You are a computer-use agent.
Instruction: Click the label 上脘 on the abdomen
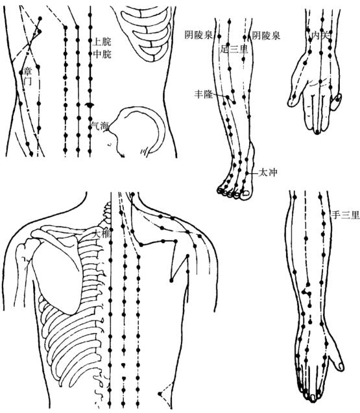click(102, 41)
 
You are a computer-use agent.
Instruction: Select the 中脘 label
click(102, 54)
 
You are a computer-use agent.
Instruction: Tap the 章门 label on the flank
click(28, 76)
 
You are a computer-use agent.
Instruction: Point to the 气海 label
click(100, 126)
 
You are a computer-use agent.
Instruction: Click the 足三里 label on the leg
click(234, 49)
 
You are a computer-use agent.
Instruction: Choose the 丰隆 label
click(204, 94)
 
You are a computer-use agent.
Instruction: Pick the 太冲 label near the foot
click(268, 172)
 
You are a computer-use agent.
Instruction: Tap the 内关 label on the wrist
click(320, 35)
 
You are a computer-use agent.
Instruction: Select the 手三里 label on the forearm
click(345, 215)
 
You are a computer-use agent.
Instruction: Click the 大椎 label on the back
click(101, 233)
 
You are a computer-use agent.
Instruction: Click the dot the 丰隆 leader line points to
click(227, 97)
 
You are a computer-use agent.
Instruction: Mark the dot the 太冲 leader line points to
click(247, 173)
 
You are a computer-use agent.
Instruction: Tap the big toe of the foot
click(246, 193)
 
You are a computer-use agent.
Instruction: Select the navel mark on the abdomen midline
click(90, 105)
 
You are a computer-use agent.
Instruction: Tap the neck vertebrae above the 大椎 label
click(106, 214)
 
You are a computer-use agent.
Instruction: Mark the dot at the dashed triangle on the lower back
click(160, 394)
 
